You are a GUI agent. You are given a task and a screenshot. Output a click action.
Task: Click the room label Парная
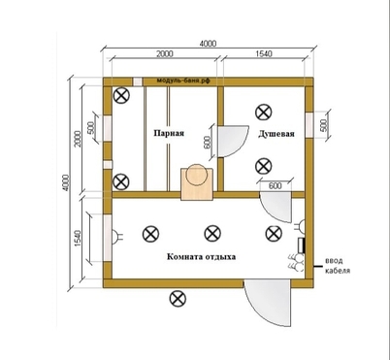(169, 133)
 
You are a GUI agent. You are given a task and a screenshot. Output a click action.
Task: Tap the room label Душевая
(276, 134)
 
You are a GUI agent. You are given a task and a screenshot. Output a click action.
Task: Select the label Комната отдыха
(201, 257)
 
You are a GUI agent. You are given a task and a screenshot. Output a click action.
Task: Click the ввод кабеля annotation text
(338, 265)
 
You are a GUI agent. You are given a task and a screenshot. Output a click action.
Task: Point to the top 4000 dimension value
(208, 44)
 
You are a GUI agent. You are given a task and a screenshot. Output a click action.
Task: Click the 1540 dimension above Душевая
(264, 53)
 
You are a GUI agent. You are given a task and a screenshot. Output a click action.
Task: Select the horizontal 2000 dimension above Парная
(165, 53)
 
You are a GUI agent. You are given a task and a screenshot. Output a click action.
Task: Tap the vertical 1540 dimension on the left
(78, 239)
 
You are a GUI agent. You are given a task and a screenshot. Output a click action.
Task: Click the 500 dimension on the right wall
(324, 125)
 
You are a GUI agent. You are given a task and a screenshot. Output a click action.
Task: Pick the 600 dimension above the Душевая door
(275, 185)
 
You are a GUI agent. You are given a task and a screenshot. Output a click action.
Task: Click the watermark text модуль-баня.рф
(183, 81)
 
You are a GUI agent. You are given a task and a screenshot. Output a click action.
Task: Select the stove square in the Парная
(197, 183)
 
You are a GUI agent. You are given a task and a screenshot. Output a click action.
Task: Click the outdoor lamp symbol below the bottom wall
(178, 299)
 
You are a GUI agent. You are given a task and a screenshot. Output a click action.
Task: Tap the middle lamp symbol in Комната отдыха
(212, 234)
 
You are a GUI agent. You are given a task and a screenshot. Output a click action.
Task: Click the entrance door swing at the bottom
(268, 303)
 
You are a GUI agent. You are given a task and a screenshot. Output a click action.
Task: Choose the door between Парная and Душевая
(233, 142)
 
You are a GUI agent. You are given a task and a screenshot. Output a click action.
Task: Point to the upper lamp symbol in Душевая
(263, 113)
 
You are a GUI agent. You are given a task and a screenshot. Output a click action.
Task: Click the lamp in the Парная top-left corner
(121, 96)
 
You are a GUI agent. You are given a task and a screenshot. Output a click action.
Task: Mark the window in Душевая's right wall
(309, 125)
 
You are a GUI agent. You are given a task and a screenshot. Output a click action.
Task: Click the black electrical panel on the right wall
(302, 245)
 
